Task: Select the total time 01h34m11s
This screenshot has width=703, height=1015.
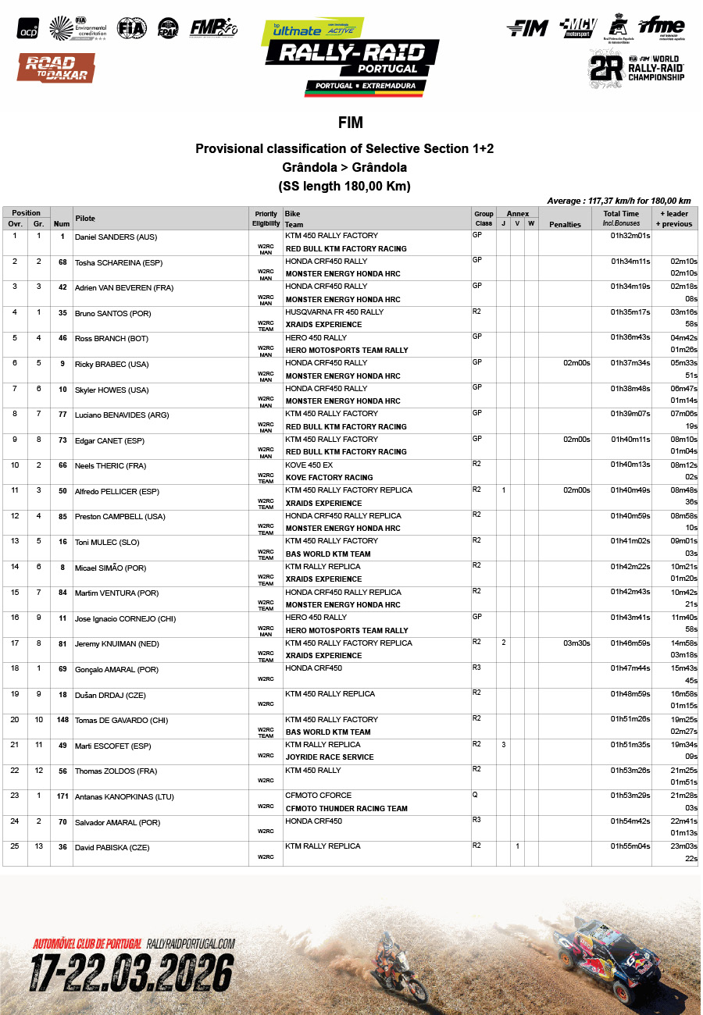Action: [x=630, y=262]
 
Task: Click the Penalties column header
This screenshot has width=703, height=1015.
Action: [x=565, y=225]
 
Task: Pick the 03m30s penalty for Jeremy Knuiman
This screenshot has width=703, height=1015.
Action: [x=576, y=643]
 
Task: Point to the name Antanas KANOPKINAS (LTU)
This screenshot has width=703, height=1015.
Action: [x=123, y=797]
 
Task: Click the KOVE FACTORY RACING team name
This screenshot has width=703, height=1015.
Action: [x=329, y=477]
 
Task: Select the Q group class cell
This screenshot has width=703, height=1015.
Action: [x=476, y=794]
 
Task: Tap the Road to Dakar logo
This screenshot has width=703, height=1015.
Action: [x=56, y=68]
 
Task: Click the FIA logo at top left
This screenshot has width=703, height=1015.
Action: [x=131, y=29]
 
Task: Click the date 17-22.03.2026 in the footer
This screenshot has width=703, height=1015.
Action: [x=132, y=973]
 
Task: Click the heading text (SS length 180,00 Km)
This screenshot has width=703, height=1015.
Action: [x=344, y=187]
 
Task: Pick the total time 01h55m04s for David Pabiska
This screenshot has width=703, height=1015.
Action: [x=630, y=846]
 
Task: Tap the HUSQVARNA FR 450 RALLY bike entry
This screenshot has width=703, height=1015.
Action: [x=334, y=312]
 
